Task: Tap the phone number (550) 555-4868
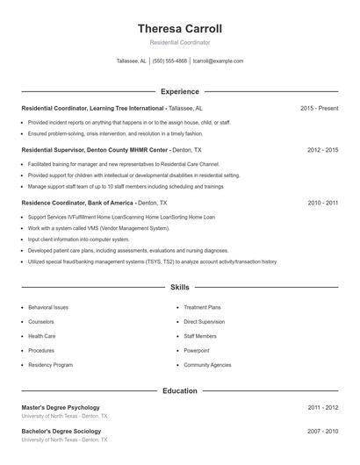(x=169, y=61)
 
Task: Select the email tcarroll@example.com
(x=218, y=61)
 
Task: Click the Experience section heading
(x=179, y=91)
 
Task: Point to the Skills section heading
(x=179, y=287)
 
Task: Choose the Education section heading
(x=179, y=390)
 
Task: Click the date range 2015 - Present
(x=319, y=108)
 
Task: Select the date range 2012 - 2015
(x=322, y=150)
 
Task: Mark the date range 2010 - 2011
(x=322, y=203)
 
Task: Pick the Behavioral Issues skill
(x=48, y=308)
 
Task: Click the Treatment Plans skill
(x=202, y=308)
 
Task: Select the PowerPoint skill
(x=197, y=350)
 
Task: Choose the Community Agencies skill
(x=207, y=364)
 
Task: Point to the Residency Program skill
(x=50, y=364)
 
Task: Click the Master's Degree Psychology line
(x=61, y=407)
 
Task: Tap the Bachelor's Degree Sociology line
(x=61, y=431)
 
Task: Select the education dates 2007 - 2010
(x=322, y=431)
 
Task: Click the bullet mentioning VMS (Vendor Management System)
(x=98, y=228)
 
